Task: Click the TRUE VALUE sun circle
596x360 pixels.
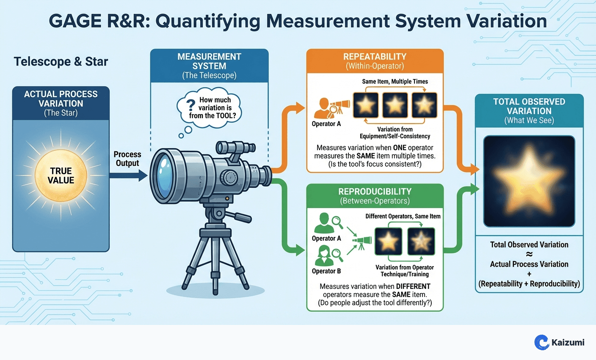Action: [61, 175]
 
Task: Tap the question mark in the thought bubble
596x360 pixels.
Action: [191, 105]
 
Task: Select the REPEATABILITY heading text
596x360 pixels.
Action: [375, 57]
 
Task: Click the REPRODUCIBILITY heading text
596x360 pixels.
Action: [375, 192]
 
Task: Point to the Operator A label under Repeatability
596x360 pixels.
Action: [326, 124]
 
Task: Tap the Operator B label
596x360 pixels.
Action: [326, 271]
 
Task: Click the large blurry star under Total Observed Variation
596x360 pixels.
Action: [529, 181]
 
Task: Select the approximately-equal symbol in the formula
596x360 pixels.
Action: [529, 254]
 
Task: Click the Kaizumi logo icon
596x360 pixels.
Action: [541, 342]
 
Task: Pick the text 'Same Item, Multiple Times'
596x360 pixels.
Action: [395, 82]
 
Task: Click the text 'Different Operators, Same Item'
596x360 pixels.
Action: [403, 216]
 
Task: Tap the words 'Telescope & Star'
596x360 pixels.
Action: [61, 62]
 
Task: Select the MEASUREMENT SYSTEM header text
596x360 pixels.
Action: [209, 61]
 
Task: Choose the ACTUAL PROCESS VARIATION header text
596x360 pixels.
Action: [61, 99]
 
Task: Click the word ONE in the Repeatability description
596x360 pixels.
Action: [400, 148]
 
